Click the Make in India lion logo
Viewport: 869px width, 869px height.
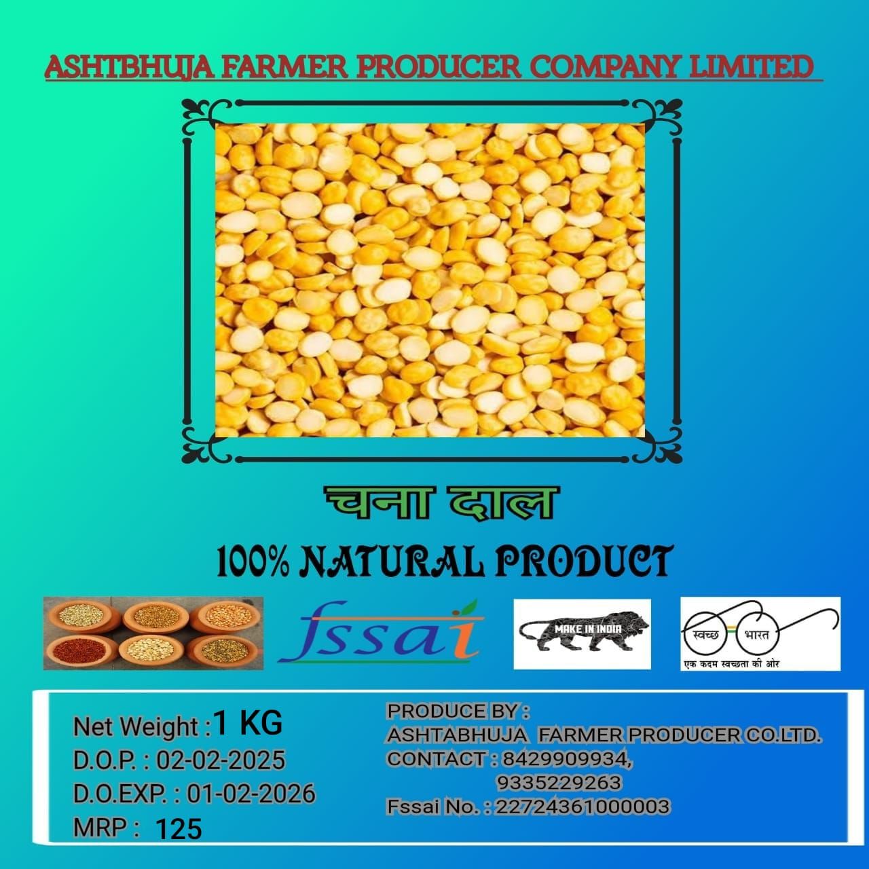click(x=582, y=633)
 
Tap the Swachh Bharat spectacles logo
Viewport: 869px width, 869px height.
click(x=760, y=633)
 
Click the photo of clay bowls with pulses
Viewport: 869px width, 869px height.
click(x=153, y=633)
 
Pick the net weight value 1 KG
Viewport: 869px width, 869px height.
click(x=247, y=724)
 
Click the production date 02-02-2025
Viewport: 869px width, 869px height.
click(x=221, y=760)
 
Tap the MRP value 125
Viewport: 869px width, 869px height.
click(x=179, y=829)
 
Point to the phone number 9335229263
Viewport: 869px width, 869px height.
click(x=559, y=783)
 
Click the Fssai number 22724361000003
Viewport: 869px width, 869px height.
click(x=583, y=807)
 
